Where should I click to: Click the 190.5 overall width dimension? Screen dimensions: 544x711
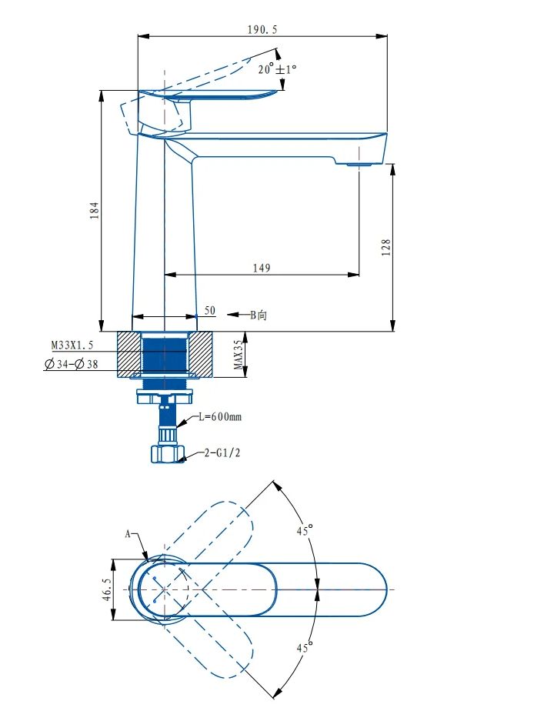(x=262, y=30)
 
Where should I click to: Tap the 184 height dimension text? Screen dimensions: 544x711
(x=95, y=210)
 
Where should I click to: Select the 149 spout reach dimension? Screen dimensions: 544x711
(x=262, y=268)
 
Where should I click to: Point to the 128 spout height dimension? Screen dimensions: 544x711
(x=385, y=248)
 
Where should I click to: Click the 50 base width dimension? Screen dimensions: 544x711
(x=209, y=311)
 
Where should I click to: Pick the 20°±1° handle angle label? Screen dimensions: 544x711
(x=278, y=69)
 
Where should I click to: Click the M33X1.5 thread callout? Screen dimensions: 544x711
(x=72, y=345)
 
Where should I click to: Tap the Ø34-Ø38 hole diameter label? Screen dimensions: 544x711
(x=72, y=364)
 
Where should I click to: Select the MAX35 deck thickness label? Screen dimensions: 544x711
(x=239, y=355)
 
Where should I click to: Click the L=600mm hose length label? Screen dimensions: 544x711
(x=220, y=416)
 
